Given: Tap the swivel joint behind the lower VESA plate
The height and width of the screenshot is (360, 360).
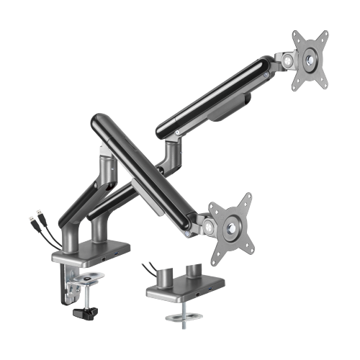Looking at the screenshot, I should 208,228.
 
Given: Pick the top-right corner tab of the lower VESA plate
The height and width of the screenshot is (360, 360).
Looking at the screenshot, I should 248,198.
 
